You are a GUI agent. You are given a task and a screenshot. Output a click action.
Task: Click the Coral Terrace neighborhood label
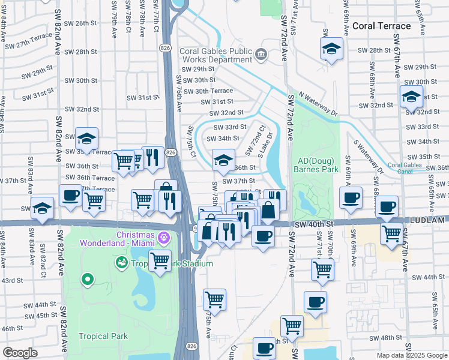(381, 26)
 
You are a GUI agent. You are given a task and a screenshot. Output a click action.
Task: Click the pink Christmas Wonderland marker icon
(163, 239)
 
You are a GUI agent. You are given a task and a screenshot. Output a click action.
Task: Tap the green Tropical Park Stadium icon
(121, 263)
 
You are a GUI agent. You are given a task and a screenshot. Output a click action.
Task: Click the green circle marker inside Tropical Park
(88, 279)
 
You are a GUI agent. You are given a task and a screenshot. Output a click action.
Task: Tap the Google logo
(19, 353)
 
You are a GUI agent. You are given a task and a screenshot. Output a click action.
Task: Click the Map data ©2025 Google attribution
(412, 355)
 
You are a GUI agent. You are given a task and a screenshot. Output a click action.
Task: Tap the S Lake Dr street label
(265, 145)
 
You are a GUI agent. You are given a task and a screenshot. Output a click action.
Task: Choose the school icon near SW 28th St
(331, 50)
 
